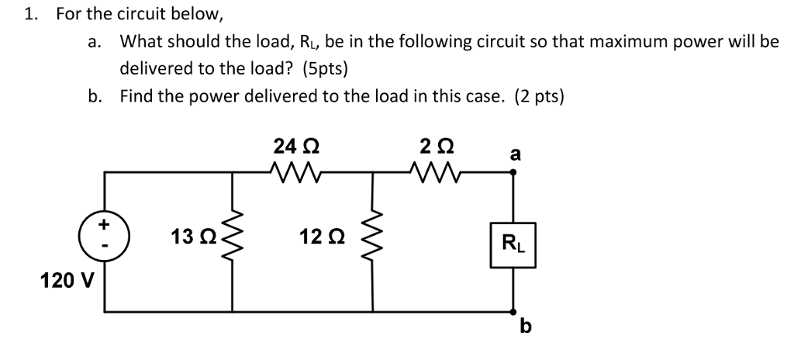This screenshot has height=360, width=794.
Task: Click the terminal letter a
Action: click(x=514, y=154)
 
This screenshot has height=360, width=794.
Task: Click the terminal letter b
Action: click(x=526, y=327)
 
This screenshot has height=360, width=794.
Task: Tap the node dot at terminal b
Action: click(x=512, y=312)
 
